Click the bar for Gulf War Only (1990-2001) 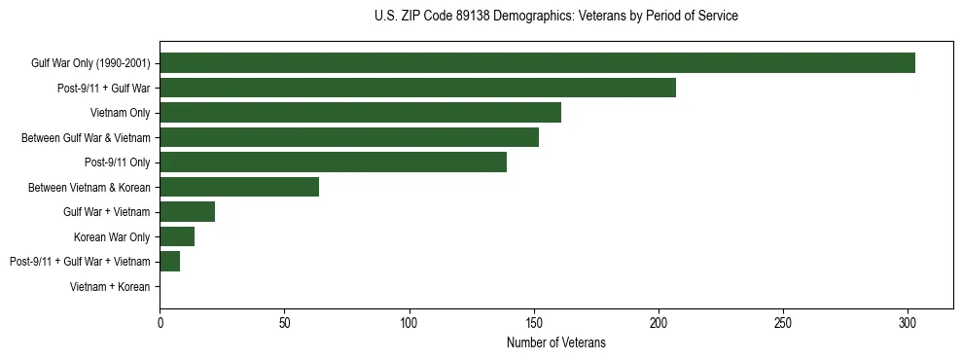537,63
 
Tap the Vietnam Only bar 360,113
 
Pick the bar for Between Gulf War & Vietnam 349,137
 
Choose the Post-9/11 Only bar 333,162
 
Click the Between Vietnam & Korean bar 239,187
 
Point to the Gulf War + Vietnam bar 187,211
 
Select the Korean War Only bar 177,236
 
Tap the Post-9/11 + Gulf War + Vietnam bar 169,261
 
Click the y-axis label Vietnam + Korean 110,286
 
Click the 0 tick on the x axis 160,321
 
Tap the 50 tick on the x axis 284,321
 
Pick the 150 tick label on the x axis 534,321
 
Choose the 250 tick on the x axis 783,321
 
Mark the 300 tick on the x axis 908,321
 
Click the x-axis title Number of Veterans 555,342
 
